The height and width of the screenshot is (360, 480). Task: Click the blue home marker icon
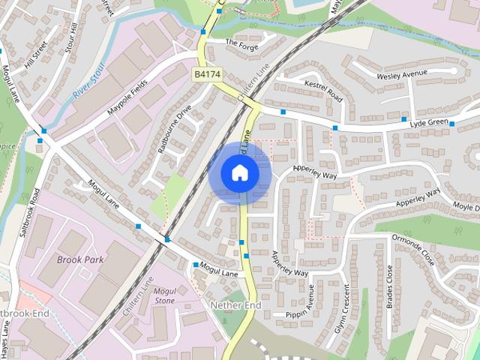(x=240, y=173)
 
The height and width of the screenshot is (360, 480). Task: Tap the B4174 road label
(x=206, y=74)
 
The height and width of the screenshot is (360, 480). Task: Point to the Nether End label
(x=235, y=305)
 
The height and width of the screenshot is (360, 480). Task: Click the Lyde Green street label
(x=428, y=122)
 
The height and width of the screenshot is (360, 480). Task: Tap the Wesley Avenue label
(x=401, y=73)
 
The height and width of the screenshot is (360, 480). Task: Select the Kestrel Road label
(x=324, y=94)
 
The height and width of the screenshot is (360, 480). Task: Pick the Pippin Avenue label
(x=307, y=313)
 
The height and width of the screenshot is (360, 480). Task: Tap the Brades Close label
(x=388, y=288)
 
